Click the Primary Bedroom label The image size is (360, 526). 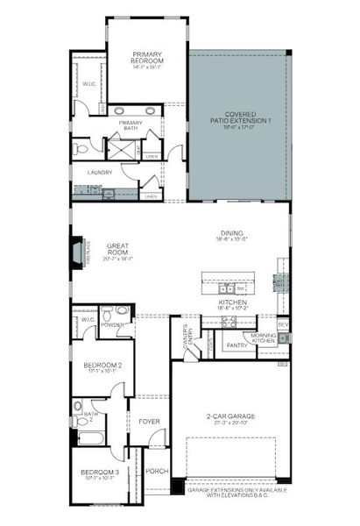148,56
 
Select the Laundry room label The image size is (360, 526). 100,173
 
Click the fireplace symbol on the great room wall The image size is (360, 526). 79,253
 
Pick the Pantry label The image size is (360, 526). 237,345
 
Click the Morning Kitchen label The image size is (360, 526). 264,338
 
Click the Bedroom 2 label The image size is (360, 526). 102,366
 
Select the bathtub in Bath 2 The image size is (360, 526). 92,437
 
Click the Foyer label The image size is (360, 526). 149,421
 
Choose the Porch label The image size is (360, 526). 157,472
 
